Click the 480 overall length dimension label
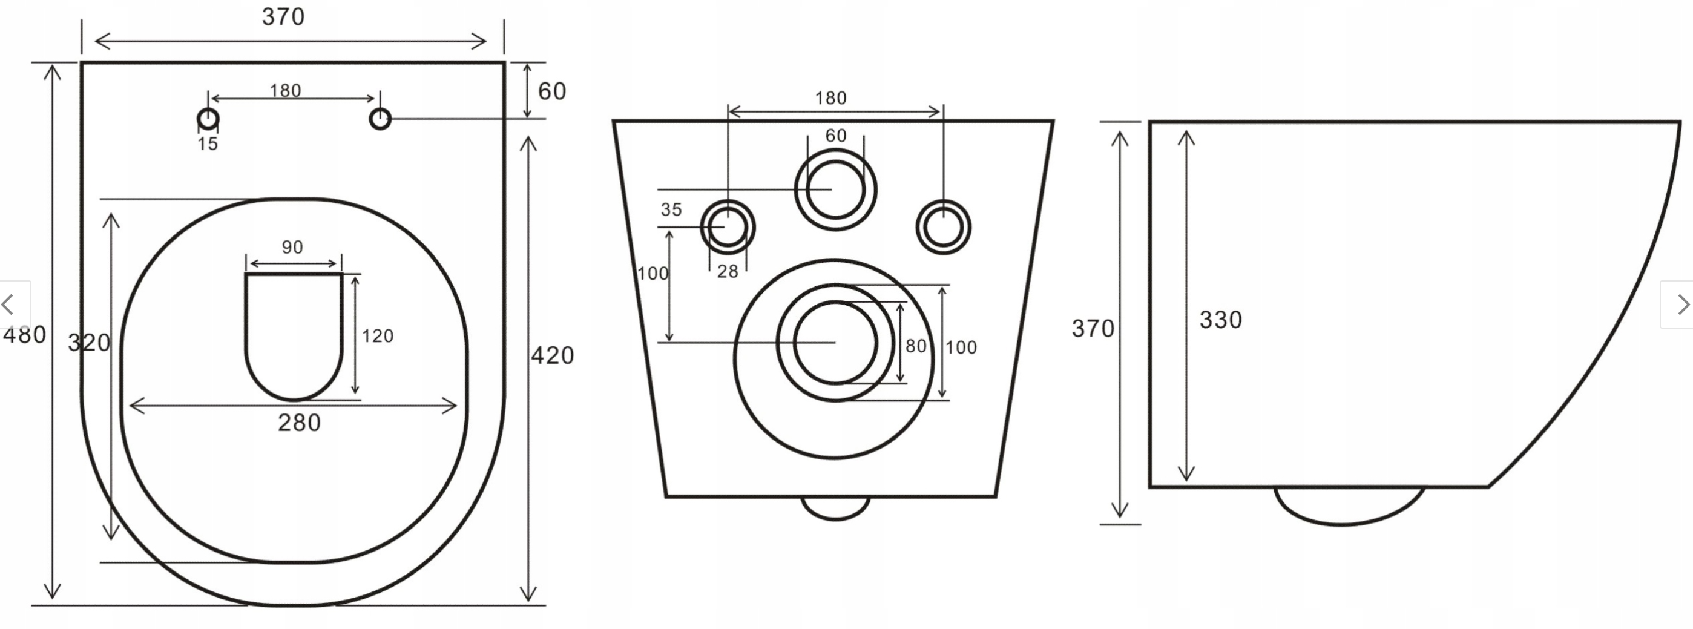point(24,335)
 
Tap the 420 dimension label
point(552,355)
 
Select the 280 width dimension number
point(299,423)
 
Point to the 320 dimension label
point(89,343)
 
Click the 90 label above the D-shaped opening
point(292,247)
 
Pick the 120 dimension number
point(377,336)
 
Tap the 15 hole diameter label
point(208,144)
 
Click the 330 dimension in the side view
point(1220,320)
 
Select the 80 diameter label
point(916,346)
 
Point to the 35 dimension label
point(671,209)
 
